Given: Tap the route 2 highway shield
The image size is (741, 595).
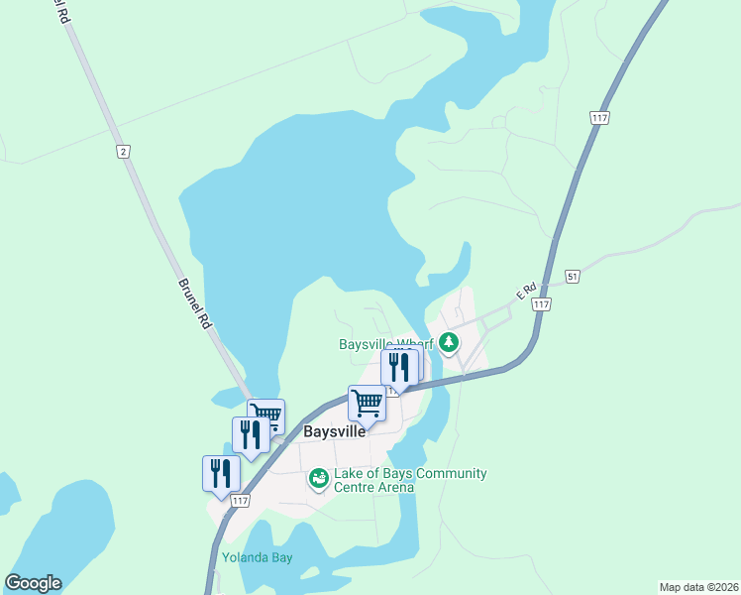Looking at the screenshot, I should (123, 151).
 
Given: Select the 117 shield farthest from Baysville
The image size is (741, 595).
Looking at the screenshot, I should (599, 118).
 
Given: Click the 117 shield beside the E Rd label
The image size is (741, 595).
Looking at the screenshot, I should (540, 304).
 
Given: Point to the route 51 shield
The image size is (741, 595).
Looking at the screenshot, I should (573, 276).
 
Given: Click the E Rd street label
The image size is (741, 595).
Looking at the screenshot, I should (525, 290).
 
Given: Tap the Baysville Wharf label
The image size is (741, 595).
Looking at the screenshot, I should (386, 345).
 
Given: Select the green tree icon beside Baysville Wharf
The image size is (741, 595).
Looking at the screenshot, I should (450, 343).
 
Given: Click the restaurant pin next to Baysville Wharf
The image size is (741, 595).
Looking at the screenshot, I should (398, 367).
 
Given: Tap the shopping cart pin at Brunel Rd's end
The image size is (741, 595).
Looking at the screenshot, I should (266, 416).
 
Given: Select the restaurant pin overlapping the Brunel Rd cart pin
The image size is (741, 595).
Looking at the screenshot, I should (250, 434).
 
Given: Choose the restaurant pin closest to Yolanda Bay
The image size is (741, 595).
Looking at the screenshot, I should (221, 473).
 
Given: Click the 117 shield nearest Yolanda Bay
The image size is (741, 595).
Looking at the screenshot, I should (240, 502).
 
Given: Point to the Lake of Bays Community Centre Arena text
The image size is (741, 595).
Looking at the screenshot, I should (410, 480).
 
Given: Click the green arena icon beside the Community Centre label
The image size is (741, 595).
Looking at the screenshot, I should (318, 480).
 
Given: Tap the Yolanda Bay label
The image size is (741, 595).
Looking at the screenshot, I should (258, 557).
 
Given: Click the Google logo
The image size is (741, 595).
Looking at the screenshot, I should (33, 583).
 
